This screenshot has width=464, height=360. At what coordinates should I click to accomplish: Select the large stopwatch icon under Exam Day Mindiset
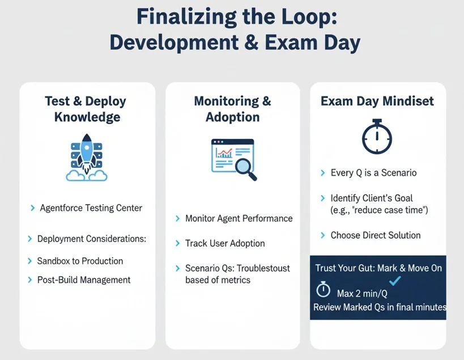377,137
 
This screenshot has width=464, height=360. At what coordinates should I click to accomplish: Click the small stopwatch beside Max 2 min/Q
323,289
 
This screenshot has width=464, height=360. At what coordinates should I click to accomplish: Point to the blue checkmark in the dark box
395,281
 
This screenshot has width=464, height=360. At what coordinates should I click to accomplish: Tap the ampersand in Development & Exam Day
252,43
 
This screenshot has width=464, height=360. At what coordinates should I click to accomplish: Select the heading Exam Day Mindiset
377,101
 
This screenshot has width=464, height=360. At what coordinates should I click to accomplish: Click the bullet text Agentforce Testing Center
91,208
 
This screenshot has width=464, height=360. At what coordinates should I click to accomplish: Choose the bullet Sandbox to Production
80,261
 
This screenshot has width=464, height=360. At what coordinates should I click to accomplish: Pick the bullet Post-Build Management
84,279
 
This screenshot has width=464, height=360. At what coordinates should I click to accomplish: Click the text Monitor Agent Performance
239,218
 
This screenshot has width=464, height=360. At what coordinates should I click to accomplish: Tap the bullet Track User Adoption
225,243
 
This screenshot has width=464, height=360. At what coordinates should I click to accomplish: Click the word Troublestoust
263,268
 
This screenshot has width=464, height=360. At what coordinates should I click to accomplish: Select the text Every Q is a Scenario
373,172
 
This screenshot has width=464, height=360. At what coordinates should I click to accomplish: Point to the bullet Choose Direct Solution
376,235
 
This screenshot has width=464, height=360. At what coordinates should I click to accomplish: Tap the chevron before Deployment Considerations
29,239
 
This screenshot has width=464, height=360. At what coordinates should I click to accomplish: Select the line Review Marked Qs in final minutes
380,307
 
